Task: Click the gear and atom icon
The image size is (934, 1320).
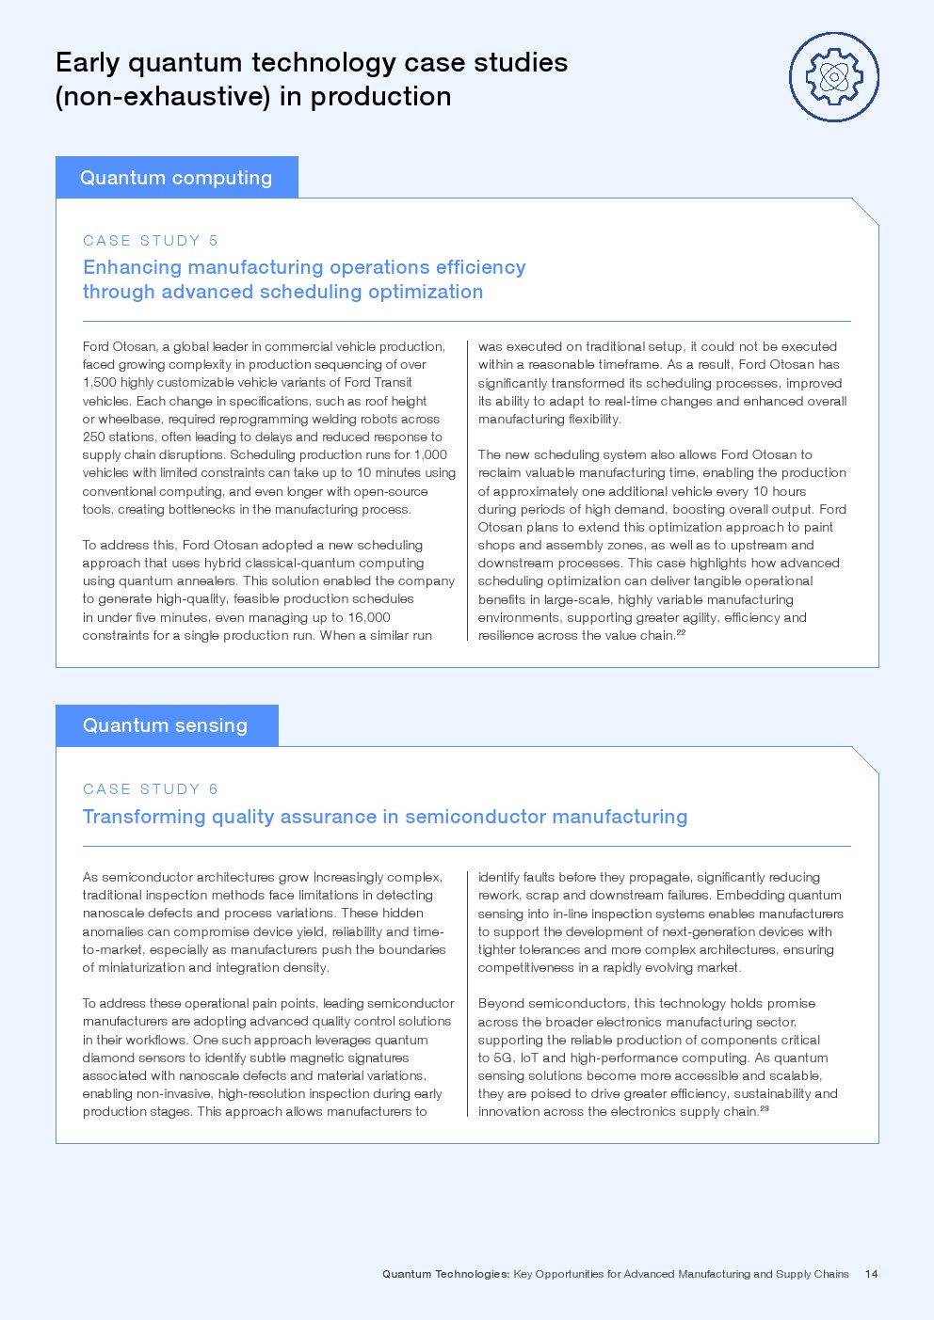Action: pyautogui.click(x=833, y=77)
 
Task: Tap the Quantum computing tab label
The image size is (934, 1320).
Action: pyautogui.click(x=176, y=178)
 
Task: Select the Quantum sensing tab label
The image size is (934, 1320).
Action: pyautogui.click(x=165, y=725)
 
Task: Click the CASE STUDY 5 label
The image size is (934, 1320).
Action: pyautogui.click(x=151, y=241)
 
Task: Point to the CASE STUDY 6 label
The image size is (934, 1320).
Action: pyautogui.click(x=151, y=789)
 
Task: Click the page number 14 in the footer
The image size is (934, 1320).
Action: pyautogui.click(x=871, y=1274)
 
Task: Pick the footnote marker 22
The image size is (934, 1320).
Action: pyautogui.click(x=681, y=632)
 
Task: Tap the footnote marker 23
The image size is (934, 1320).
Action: pyautogui.click(x=765, y=1108)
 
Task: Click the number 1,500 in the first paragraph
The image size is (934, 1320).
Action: pyautogui.click(x=99, y=382)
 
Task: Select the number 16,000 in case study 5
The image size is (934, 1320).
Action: pyautogui.click(x=367, y=617)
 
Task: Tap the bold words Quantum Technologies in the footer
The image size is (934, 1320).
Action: pyautogui.click(x=445, y=1274)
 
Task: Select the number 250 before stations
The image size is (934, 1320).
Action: pyautogui.click(x=93, y=437)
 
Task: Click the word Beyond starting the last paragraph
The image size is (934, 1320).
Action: pyautogui.click(x=500, y=1003)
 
